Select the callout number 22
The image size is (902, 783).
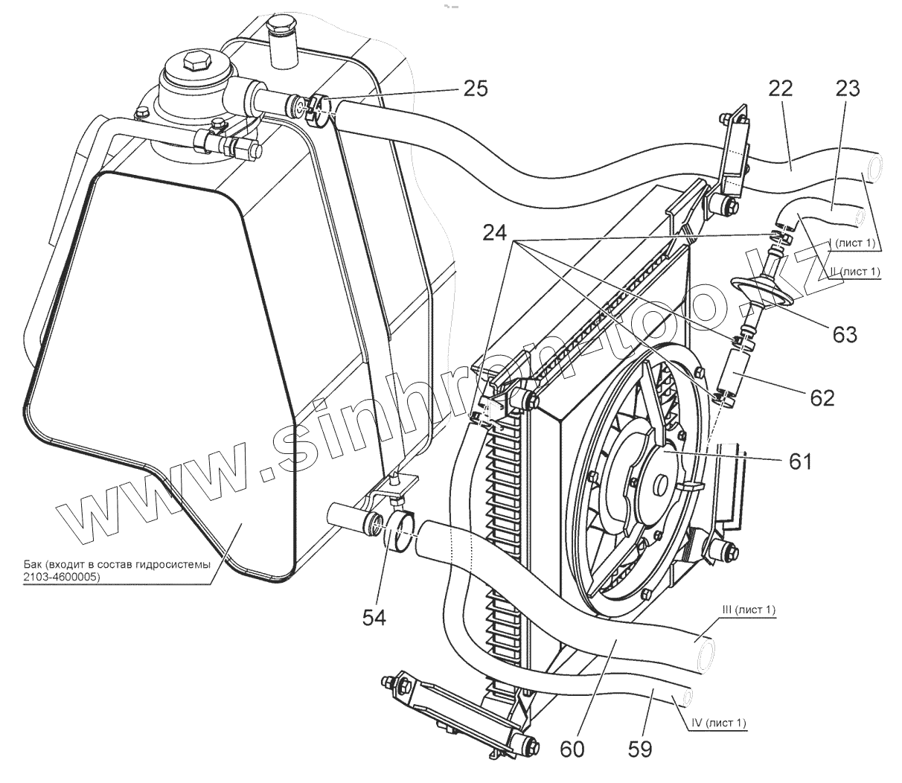781,89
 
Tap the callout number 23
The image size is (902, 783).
848,89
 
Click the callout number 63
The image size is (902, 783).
845,333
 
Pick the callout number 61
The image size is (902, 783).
800,461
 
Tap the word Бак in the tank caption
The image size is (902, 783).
32,565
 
